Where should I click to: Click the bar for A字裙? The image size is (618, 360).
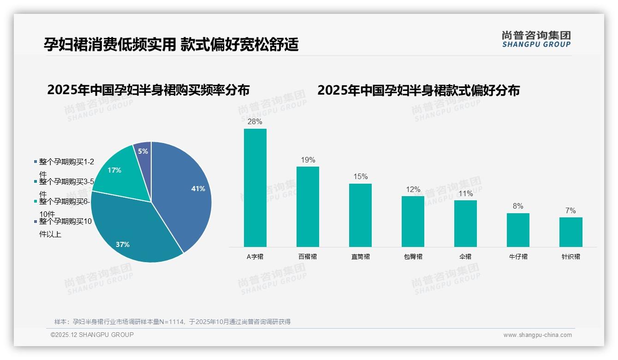click(255, 187)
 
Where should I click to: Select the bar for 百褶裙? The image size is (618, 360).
click(308, 206)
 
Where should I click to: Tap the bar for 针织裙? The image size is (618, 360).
click(570, 232)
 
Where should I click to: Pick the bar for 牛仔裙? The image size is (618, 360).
click(518, 230)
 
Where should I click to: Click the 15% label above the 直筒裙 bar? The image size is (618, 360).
click(360, 177)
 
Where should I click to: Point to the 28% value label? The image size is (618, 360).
click(255, 122)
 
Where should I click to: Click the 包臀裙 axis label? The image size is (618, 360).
click(413, 257)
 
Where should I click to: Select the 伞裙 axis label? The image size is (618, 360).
click(465, 257)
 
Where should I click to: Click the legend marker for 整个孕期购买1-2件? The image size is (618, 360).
click(36, 162)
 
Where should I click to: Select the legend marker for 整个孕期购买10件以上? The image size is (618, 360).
click(36, 222)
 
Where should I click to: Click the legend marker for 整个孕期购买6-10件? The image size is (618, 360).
click(36, 202)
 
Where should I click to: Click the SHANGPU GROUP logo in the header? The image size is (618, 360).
click(536, 39)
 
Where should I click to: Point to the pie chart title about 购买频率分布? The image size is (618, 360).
click(148, 90)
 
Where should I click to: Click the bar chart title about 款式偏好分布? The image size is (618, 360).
click(418, 90)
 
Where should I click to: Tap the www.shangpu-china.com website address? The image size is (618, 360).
click(537, 335)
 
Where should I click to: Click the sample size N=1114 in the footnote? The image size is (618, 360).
click(171, 322)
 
